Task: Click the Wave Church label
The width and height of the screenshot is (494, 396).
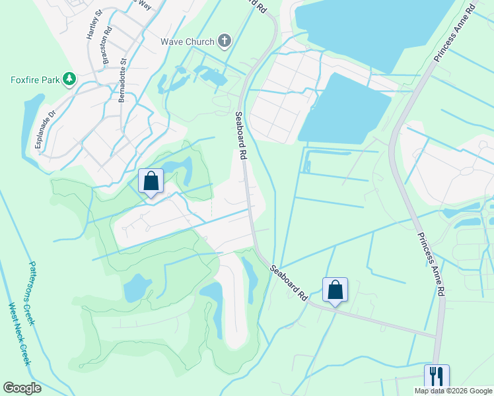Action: [188, 42]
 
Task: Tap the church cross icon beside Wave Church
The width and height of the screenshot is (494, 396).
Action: [225, 42]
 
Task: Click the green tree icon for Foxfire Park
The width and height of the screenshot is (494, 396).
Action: [69, 80]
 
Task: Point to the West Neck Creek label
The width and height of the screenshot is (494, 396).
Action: [20, 334]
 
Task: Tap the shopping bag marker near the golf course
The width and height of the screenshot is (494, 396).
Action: [151, 181]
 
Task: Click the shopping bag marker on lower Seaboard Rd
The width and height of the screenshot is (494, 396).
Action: [335, 290]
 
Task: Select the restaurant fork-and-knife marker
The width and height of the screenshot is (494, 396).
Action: [437, 376]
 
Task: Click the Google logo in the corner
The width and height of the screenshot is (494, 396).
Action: [22, 388]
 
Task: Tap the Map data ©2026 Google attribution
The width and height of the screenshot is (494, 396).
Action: [453, 391]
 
